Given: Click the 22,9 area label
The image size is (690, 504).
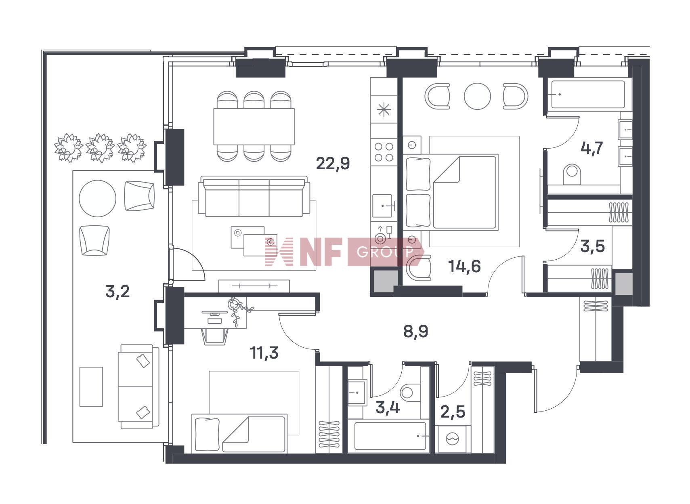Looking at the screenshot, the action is coord(333,163).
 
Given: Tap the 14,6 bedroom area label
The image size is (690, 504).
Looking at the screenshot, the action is coord(465,266).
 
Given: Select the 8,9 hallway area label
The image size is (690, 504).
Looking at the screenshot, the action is coord(416,332).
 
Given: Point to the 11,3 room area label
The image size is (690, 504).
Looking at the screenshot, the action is coord(264,353).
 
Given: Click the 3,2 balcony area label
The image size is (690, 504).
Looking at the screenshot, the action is coord(117,291).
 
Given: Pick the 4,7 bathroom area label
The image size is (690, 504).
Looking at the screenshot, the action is coord(591,148).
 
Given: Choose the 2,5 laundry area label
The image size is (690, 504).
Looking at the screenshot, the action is coord(453,412).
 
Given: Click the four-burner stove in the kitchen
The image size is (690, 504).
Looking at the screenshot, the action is coord(384,152).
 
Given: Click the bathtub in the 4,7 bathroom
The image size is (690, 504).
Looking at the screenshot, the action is coord(588,94).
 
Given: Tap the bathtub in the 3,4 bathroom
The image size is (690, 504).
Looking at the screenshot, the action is coord(390,436).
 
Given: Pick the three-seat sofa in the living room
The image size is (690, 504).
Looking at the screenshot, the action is coord(254,197).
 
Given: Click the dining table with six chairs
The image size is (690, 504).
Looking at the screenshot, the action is coord(254,126).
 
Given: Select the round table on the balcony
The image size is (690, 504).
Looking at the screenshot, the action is coord(97,198).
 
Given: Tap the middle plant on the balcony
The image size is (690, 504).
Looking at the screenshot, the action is coord(101,147).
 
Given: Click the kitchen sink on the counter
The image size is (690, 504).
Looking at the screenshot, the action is coord(382,206).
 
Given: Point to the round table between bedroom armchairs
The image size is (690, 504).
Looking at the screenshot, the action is coord(477,96).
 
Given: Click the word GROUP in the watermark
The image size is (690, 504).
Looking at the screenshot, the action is coord(385,252).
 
